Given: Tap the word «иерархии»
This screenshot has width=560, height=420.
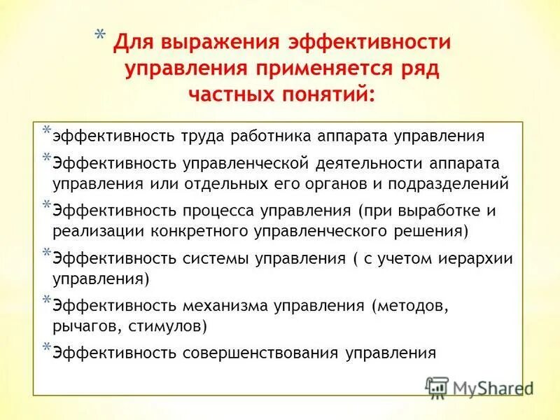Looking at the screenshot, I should click(x=476, y=258).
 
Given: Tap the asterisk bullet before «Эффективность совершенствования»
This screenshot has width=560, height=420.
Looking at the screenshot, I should click(x=46, y=347).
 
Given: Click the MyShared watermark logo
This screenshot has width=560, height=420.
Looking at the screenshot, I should click(x=479, y=388).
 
